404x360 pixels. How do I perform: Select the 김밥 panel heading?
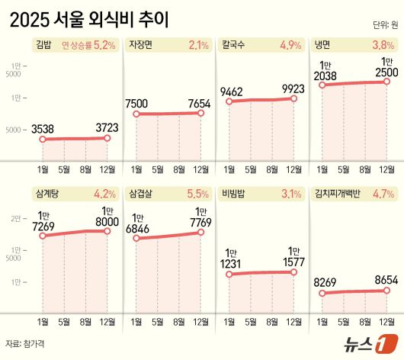tap(44, 45)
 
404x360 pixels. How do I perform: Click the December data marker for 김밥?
tap(107, 138)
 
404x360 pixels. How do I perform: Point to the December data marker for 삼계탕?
tap(107, 230)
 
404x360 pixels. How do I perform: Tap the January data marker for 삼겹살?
tap(136, 239)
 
